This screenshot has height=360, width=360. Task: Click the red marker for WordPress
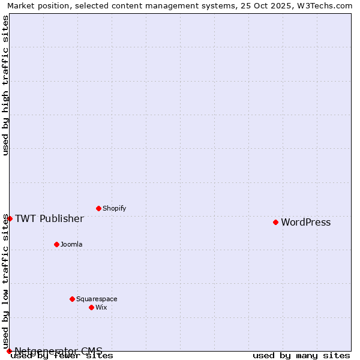coord(275,222)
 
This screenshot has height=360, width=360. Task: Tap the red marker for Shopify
coord(98,208)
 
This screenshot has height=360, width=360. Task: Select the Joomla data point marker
coord(56,244)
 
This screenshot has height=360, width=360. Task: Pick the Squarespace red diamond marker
coord(72,299)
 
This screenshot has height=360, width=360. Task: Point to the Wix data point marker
coord(91,307)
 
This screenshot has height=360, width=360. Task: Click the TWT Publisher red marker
coord(10,218)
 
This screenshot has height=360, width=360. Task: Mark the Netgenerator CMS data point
coord(9,351)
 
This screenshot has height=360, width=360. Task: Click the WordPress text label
coord(305,223)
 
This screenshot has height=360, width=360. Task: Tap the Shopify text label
coord(114,209)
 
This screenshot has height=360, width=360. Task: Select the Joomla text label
coord(71,245)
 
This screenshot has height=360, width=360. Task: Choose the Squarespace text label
coord(97,299)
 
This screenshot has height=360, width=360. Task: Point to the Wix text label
coord(101,308)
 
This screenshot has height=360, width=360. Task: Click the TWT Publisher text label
coord(49,218)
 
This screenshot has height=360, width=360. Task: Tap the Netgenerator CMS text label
coord(58,351)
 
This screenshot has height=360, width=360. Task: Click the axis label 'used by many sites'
coord(301,356)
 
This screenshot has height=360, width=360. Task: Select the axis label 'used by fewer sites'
coord(62,356)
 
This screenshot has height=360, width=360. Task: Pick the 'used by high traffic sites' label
coord(5,85)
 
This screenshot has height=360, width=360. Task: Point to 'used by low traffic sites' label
coord(5,282)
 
